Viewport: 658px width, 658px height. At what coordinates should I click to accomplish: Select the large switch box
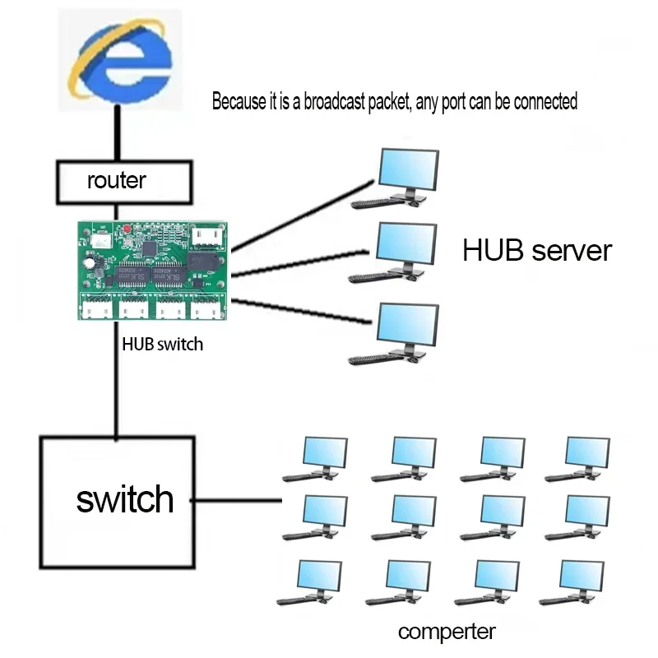(118, 501)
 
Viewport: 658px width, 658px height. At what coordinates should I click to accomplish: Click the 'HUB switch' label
(162, 344)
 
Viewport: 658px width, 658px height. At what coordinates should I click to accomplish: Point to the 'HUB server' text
(536, 251)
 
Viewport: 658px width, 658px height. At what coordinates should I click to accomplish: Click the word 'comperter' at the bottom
(447, 632)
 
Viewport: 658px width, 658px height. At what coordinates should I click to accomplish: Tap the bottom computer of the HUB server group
(398, 332)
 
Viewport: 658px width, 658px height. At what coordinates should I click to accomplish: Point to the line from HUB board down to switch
(118, 387)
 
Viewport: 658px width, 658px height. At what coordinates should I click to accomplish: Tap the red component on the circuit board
(127, 229)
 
